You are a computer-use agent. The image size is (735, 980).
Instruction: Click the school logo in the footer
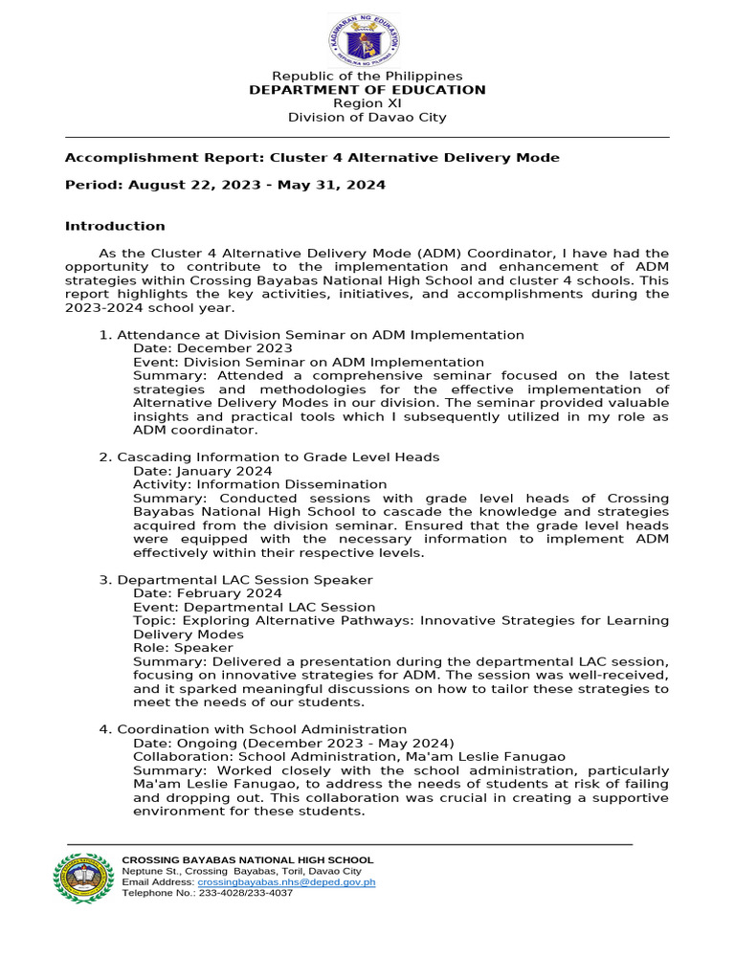click(83, 878)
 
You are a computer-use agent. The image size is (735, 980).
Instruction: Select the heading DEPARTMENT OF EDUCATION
click(367, 90)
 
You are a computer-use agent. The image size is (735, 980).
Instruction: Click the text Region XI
click(367, 103)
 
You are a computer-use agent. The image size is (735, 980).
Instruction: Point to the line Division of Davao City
click(367, 118)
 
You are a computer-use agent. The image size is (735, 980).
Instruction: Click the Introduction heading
click(115, 227)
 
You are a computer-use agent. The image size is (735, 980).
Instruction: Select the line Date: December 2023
click(212, 349)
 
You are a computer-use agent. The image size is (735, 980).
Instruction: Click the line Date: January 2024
click(202, 472)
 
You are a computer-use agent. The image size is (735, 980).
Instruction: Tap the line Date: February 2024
click(207, 594)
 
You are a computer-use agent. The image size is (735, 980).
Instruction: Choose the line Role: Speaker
click(183, 648)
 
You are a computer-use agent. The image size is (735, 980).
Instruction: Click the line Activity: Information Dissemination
click(259, 485)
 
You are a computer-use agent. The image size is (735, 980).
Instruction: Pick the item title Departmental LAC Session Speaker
click(244, 580)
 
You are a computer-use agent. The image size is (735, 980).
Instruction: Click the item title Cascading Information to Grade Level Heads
click(278, 457)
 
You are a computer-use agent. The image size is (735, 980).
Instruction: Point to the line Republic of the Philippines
click(367, 77)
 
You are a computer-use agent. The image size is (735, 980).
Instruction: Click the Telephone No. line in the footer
click(208, 893)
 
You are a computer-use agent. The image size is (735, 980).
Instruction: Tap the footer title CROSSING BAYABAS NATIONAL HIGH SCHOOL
click(248, 860)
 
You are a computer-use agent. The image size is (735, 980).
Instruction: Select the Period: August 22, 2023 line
click(225, 186)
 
